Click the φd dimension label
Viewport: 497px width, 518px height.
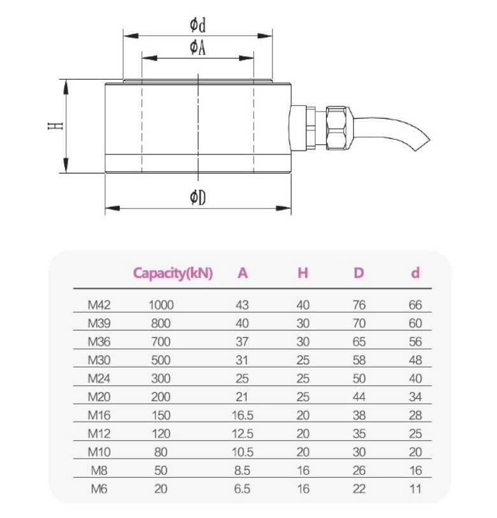point(198,26)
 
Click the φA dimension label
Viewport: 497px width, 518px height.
point(198,48)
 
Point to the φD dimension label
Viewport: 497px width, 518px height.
point(198,198)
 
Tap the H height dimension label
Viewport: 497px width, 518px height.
point(56,126)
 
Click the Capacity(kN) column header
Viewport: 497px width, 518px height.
point(173,273)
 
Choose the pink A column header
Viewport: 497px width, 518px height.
point(243,273)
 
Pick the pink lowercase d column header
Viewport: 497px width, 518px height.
point(415,273)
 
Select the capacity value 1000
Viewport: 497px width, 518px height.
point(161,304)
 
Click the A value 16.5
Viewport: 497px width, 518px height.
point(243,415)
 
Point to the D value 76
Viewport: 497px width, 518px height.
point(359,304)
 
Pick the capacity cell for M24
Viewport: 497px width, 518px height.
point(161,378)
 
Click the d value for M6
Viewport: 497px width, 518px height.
point(415,489)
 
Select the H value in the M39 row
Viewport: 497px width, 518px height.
point(303,323)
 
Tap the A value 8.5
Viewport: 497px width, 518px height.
point(243,471)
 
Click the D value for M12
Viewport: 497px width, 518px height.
point(359,434)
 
